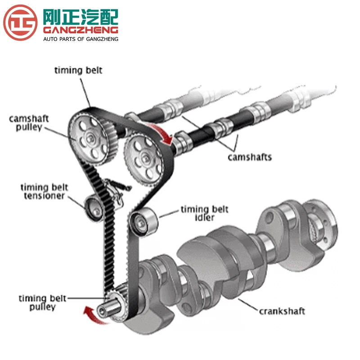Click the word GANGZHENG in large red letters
(80, 30)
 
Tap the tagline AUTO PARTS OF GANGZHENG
(80, 39)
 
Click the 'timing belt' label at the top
(78, 70)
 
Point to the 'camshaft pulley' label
(29, 123)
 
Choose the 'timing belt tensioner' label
(42, 191)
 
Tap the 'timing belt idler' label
(204, 213)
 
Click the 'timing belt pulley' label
(43, 302)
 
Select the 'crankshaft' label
(282, 311)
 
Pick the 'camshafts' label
(249, 157)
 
